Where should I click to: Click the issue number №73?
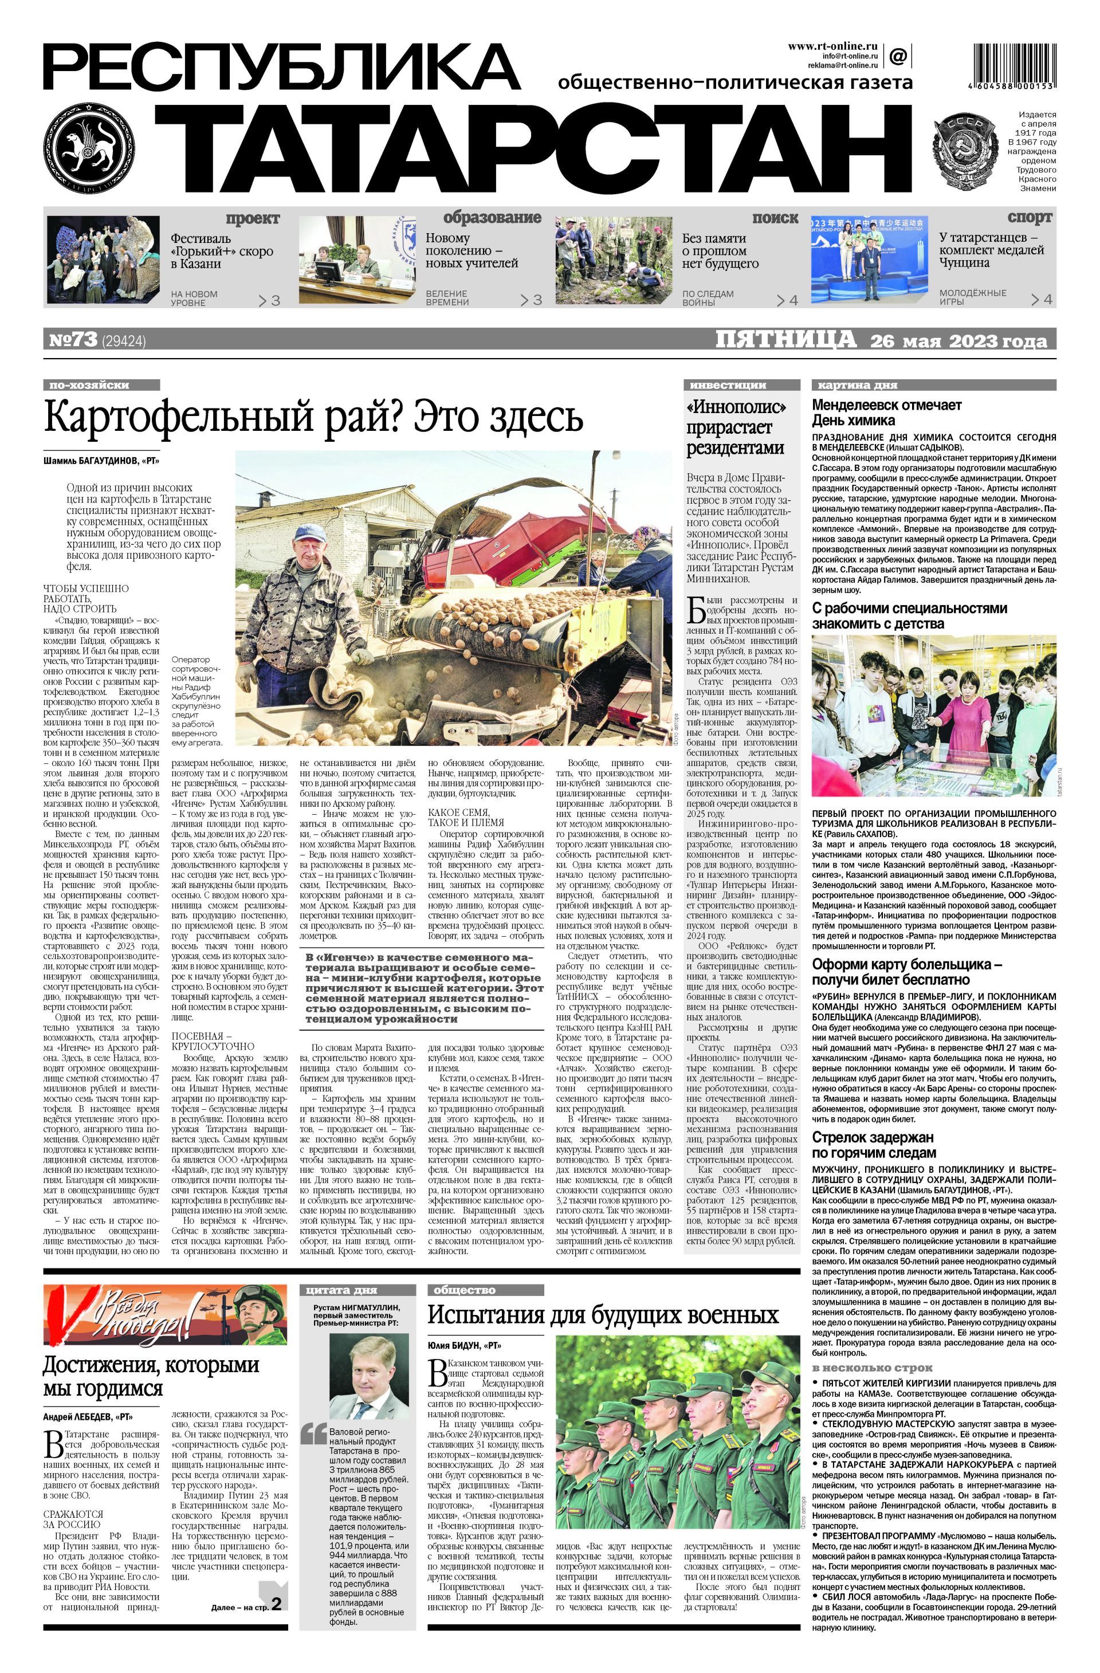pos(73,340)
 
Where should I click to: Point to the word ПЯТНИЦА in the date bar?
pos(786,340)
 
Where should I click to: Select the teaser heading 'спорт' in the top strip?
pos(1030,217)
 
